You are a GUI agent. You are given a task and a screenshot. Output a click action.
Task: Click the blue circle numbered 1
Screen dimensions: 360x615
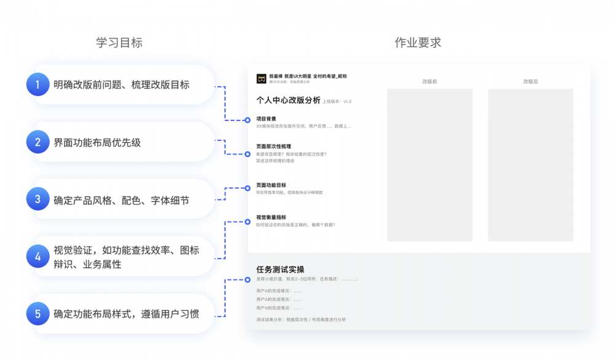pyautogui.click(x=38, y=85)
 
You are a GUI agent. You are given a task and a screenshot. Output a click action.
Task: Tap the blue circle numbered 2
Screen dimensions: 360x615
pyautogui.click(x=38, y=142)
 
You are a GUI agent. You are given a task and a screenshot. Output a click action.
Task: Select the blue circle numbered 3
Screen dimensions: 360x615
pyautogui.click(x=38, y=199)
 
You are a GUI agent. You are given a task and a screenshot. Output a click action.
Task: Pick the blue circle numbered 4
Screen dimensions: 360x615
pyautogui.click(x=38, y=257)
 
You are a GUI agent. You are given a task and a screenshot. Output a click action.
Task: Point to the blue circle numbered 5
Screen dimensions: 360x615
pyautogui.click(x=38, y=314)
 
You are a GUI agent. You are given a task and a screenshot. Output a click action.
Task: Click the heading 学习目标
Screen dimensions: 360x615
pyautogui.click(x=119, y=42)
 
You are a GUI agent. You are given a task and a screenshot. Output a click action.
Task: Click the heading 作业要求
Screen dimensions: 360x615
pyautogui.click(x=418, y=42)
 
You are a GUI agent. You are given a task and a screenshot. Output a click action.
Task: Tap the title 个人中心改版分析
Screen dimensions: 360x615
pyautogui.click(x=288, y=100)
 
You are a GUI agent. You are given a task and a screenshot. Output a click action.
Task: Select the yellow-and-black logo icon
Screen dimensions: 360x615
pyautogui.click(x=261, y=79)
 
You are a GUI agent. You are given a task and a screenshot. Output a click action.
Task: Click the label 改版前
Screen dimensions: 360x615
pyautogui.click(x=429, y=81)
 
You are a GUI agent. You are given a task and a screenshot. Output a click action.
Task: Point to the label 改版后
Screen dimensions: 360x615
pyautogui.click(x=530, y=81)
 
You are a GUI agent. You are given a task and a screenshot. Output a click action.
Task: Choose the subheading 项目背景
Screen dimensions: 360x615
pyautogui.click(x=266, y=119)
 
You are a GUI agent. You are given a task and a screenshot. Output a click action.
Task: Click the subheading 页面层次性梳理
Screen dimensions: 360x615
pyautogui.click(x=273, y=146)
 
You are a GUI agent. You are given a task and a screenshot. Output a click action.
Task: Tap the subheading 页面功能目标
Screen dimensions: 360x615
pyautogui.click(x=271, y=185)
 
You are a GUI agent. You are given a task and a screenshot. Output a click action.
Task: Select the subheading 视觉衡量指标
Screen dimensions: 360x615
pyautogui.click(x=271, y=217)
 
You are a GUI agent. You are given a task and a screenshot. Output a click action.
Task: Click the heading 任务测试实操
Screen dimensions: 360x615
pyautogui.click(x=280, y=270)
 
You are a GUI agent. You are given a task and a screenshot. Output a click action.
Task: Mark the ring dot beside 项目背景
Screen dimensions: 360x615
pyautogui.click(x=248, y=119)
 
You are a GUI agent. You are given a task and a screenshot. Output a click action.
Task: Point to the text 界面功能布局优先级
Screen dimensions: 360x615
pyautogui.click(x=97, y=142)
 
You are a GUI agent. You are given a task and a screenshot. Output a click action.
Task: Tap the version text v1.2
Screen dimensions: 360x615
pyautogui.click(x=347, y=102)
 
